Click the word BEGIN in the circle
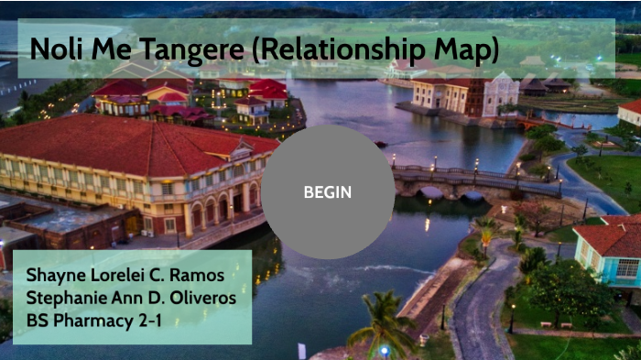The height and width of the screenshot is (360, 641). [x=327, y=192]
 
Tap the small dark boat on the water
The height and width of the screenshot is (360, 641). [x=380, y=144]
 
